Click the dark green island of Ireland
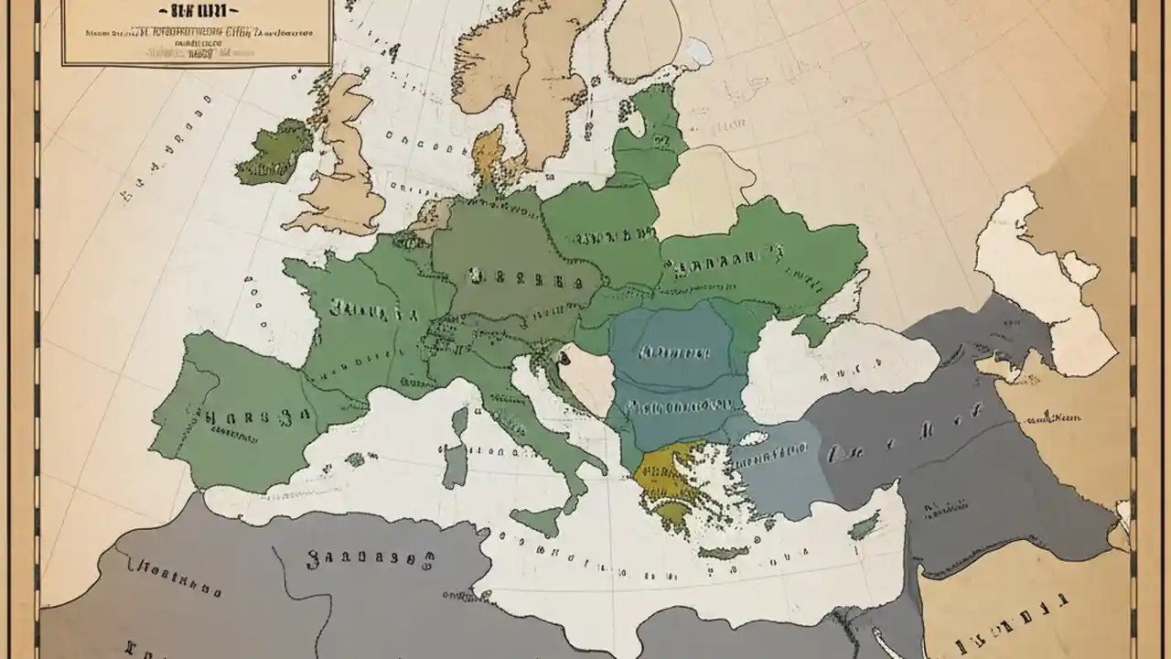(274, 154)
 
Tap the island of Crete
(724, 553)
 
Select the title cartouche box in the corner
(196, 33)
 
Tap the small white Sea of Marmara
(753, 438)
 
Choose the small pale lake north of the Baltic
(698, 51)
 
